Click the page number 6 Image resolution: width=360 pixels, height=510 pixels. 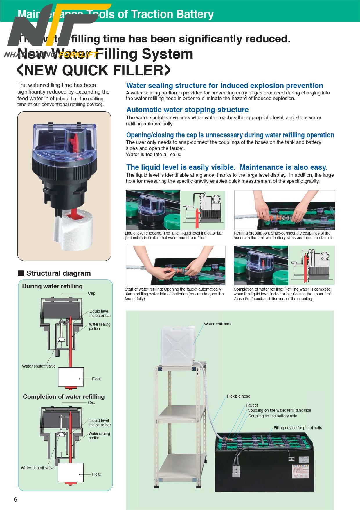tap(16, 500)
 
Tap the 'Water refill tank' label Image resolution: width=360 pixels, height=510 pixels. tap(217, 324)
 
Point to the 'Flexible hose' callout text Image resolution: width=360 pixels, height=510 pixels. tap(238, 396)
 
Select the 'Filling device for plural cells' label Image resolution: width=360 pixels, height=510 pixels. tap(298, 428)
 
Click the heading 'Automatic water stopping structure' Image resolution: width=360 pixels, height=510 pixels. tap(188, 110)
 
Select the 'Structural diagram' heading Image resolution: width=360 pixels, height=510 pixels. tap(58, 273)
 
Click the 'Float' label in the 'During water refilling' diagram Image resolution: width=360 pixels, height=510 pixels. tap(96, 379)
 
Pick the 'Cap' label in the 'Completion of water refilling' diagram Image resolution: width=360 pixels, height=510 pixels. tap(91, 402)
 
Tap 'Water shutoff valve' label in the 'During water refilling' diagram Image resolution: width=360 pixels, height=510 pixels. tap(39, 366)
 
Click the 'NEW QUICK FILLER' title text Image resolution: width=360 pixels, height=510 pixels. tap(93, 70)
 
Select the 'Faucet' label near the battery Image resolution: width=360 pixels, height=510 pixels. tap(252, 405)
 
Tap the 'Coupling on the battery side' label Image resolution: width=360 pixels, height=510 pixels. tap(273, 416)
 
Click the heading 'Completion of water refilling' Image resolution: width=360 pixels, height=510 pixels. tap(64, 397)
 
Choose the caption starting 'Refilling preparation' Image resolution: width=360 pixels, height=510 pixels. tap(283, 235)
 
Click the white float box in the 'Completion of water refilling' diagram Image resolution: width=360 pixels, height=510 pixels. tap(71, 472)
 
